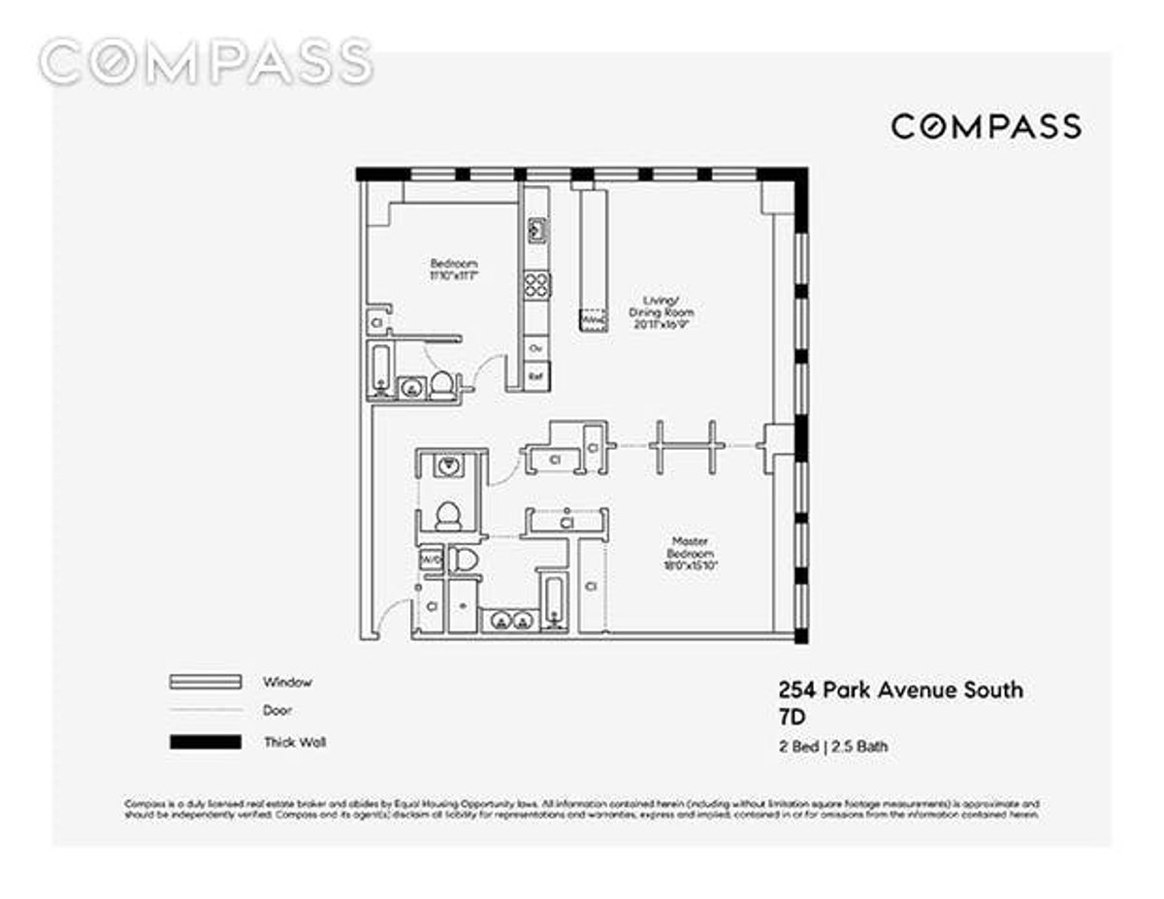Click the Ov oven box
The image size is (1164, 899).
click(x=535, y=346)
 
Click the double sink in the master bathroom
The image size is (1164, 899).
click(x=508, y=622)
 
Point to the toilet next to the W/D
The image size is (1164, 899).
click(x=465, y=560)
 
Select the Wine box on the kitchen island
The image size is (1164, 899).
click(x=592, y=318)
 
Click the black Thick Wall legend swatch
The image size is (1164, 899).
click(x=205, y=742)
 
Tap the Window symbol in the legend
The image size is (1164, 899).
click(x=205, y=682)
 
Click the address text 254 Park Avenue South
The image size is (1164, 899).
click(x=900, y=690)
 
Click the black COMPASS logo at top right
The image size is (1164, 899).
click(x=986, y=126)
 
